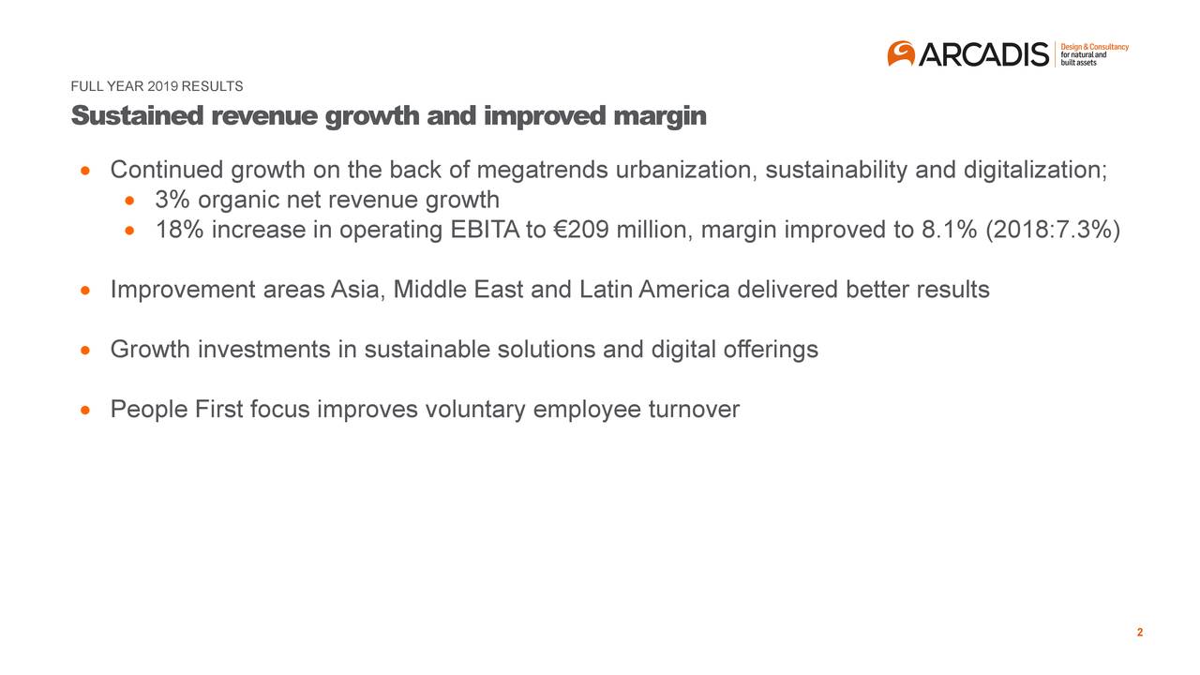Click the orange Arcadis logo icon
click(x=901, y=53)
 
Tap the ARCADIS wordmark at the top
click(x=983, y=55)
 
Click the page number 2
click(x=1139, y=633)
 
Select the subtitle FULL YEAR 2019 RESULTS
click(x=157, y=87)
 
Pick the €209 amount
click(x=576, y=231)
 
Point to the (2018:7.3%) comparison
click(x=1051, y=231)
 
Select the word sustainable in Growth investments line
click(x=427, y=350)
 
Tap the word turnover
click(x=694, y=410)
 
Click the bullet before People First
click(x=86, y=411)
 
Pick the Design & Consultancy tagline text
click(x=1094, y=47)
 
